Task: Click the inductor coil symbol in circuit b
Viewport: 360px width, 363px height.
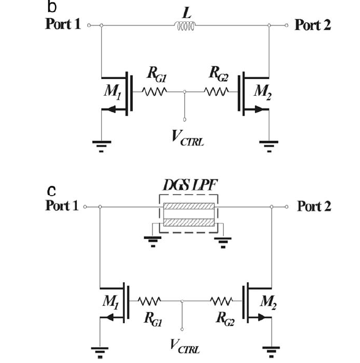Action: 185,25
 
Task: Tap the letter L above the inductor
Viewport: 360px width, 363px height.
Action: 185,11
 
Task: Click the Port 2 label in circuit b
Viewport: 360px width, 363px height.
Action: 313,25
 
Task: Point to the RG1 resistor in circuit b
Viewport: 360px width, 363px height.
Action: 154,91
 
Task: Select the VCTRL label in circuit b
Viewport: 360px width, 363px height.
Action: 187,140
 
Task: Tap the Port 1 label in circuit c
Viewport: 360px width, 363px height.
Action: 62,206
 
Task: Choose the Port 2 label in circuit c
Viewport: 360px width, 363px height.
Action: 314,206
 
